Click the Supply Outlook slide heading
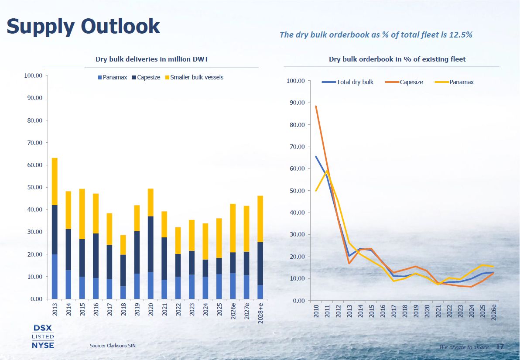coord(83,26)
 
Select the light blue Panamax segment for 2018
coord(123,292)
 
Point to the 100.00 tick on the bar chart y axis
coord(33,75)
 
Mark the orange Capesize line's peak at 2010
coord(316,106)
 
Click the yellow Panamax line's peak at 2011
coord(327,171)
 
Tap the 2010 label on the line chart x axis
coord(316,311)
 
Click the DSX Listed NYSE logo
coord(43,336)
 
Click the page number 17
coord(500,346)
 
